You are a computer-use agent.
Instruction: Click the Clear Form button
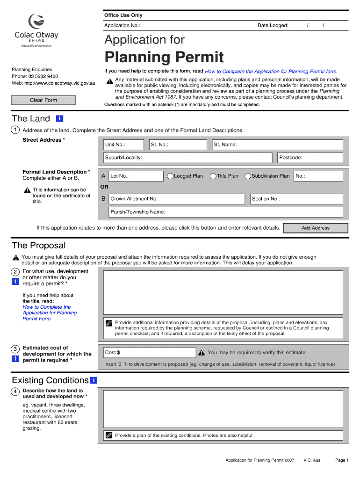43,100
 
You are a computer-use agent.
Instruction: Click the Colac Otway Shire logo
36,30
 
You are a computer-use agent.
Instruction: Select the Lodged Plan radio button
171,176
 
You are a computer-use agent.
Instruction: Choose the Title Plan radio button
213,176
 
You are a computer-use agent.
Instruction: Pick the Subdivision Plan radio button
248,176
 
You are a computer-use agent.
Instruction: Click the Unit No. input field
124,145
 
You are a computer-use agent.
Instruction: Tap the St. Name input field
277,145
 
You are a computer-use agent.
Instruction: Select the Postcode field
310,158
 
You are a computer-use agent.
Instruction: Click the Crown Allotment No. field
176,199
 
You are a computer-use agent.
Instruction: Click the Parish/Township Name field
225,212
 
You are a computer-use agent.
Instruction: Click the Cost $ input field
149,353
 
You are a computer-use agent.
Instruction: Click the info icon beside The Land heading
59,119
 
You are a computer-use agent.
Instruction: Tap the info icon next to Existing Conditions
94,380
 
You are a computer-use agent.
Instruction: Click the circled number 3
15,349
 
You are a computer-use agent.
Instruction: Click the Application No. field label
122,26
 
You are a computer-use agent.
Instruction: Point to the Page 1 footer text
342,460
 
